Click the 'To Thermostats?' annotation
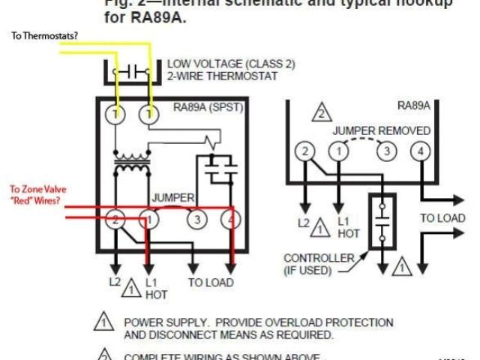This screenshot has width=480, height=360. [x=45, y=35]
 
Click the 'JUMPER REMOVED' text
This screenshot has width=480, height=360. [x=382, y=130]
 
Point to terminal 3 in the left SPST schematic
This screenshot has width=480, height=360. [x=196, y=220]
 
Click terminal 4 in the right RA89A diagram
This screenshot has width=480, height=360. [x=420, y=151]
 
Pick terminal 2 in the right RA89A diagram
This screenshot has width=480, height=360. [x=303, y=151]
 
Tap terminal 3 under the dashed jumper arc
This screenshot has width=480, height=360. [x=386, y=151]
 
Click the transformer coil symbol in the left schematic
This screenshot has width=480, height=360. [x=132, y=160]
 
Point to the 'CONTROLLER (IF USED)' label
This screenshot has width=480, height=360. [x=319, y=265]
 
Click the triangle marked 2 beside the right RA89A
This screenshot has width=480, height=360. [x=321, y=113]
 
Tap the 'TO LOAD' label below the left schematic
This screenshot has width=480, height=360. [x=211, y=283]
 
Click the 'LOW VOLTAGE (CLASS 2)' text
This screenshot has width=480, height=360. [x=231, y=64]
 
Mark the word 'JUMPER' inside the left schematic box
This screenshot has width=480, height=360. [x=174, y=198]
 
